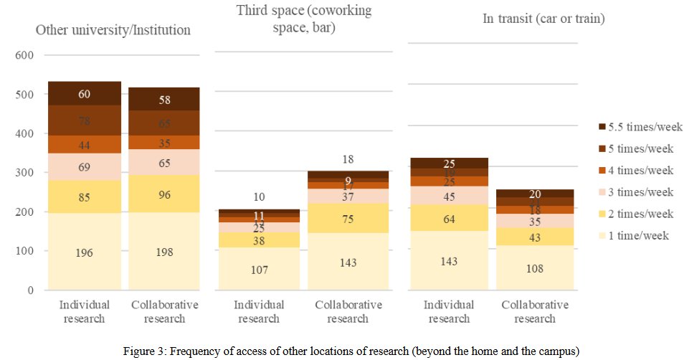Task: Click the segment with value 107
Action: point(260,270)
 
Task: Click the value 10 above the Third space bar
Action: point(260,196)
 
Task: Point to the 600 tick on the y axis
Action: point(24,56)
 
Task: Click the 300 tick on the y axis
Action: point(24,174)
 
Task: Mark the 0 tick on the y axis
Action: point(29,291)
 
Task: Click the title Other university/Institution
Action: point(113,30)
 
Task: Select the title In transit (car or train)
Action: point(544,19)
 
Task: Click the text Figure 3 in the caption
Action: point(146,349)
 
